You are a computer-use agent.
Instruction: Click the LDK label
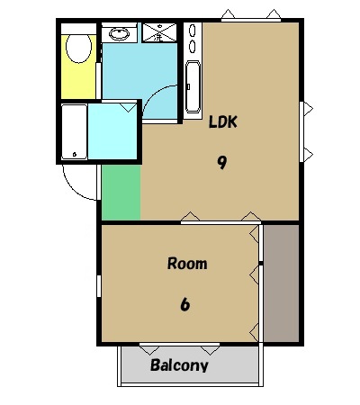[x=223, y=121]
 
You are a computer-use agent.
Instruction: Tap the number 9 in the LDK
[x=221, y=163]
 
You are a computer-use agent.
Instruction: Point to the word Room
[x=187, y=264]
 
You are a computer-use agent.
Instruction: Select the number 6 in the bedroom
[x=185, y=304]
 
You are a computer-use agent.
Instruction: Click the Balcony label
[x=179, y=365]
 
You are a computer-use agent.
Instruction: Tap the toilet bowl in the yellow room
[x=78, y=48]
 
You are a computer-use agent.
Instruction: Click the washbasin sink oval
[x=120, y=33]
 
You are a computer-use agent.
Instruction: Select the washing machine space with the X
[x=159, y=32]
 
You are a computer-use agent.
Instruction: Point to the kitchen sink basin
[x=193, y=86]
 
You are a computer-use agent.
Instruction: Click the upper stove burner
[x=193, y=31]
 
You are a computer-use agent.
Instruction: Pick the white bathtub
[x=74, y=131]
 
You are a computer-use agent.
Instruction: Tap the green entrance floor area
[x=121, y=193]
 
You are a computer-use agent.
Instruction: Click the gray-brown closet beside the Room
[x=281, y=283]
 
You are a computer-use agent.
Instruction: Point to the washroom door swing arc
[x=153, y=93]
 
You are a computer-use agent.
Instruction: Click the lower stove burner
[x=193, y=47]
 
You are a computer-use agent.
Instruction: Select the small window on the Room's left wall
[x=99, y=286]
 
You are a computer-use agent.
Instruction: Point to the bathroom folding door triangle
[x=128, y=107]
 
